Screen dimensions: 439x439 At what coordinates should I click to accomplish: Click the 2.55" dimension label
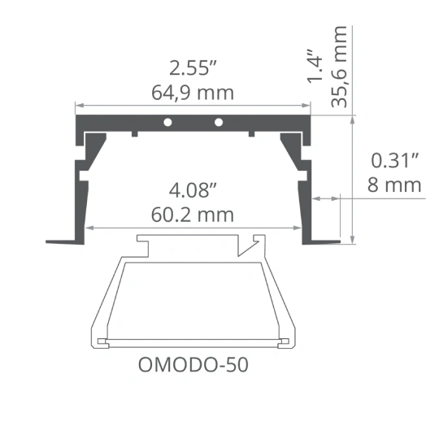pos(193,67)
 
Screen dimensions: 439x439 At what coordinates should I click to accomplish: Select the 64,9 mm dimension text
pos(193,93)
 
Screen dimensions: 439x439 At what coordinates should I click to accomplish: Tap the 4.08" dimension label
pos(193,190)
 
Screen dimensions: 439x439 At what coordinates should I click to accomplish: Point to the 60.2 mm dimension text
pos(193,215)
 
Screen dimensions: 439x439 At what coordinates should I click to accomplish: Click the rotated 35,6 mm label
pos(339,67)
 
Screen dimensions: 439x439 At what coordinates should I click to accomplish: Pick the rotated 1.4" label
pos(315,67)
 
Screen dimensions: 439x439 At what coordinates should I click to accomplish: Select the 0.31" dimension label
pos(395,160)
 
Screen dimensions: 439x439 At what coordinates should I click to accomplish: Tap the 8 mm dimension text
pos(394,185)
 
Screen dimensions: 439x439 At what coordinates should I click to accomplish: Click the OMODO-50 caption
pos(193,365)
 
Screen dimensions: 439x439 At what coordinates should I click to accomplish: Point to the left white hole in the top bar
pos(167,122)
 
